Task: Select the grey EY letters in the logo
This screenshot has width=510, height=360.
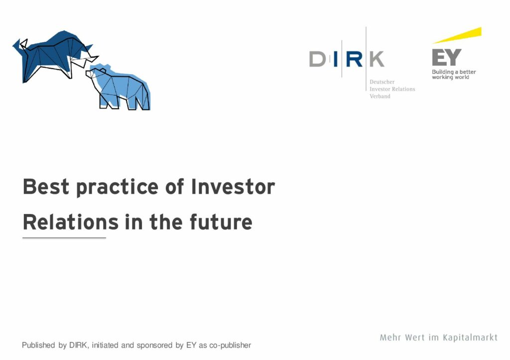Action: click(x=447, y=57)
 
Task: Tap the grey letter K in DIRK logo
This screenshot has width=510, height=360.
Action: click(x=377, y=59)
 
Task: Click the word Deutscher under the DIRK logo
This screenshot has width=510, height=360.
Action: click(x=382, y=82)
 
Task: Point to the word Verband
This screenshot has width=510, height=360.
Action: click(x=380, y=96)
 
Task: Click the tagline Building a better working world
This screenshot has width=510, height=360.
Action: click(x=454, y=75)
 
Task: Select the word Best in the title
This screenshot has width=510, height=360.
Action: click(x=46, y=187)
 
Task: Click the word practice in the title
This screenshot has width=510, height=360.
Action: click(x=117, y=188)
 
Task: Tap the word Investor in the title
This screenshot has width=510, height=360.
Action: click(x=233, y=187)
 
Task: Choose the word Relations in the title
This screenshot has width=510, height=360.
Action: click(x=71, y=222)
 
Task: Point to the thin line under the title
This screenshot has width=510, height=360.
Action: click(x=64, y=238)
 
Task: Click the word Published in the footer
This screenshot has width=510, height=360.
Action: click(x=38, y=345)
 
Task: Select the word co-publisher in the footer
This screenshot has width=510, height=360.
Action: click(x=230, y=346)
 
